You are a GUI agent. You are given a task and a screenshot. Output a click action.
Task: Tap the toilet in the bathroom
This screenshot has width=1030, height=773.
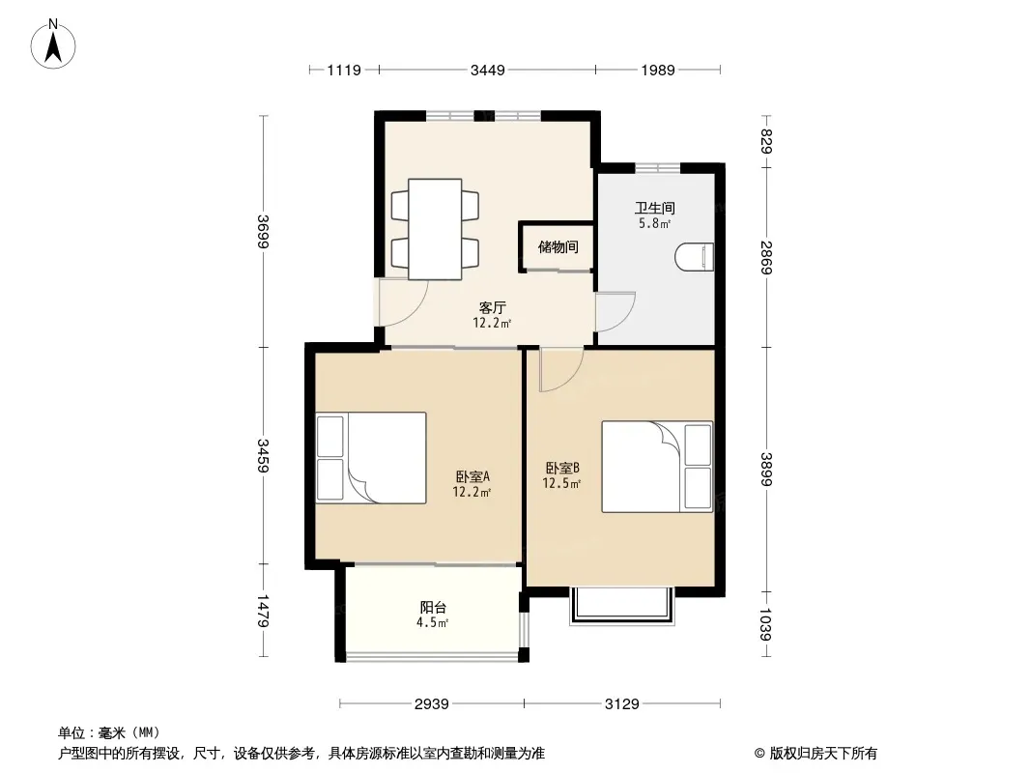pos(695,256)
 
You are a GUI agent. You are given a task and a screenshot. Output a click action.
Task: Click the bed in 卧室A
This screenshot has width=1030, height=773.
pos(371,458)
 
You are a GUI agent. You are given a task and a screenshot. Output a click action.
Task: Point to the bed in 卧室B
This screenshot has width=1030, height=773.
pos(657,467)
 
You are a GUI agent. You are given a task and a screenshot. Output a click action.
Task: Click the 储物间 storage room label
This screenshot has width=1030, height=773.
pos(558,247)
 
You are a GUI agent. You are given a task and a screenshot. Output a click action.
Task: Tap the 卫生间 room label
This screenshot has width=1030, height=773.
pos(654,208)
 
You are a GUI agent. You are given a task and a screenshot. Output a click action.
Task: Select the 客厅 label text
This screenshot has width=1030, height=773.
pos(492,307)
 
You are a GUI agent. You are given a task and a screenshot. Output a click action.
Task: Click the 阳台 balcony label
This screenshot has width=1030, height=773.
pos(433,608)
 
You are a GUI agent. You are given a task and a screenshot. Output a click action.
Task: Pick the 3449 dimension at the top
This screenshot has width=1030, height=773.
pos(487,70)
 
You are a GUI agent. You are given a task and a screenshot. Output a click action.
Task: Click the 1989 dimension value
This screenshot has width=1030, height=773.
pos(658,70)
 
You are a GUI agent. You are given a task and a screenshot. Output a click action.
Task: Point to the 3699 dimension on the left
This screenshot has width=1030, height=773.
pos(264,231)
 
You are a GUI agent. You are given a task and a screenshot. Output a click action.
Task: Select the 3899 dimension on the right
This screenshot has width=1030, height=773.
pos(766,469)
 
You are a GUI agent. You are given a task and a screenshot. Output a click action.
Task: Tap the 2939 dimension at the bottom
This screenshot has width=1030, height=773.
pos(432,704)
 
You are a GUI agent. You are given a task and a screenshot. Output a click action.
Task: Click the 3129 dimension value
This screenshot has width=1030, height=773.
pos(621,704)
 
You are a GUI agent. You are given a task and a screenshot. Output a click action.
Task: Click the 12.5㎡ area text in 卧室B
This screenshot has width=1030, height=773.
pos(561,484)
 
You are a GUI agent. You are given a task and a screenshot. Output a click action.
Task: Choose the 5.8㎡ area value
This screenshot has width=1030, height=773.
pos(654,223)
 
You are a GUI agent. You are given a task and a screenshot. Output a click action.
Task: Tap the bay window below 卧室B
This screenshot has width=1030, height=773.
pos(622,606)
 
